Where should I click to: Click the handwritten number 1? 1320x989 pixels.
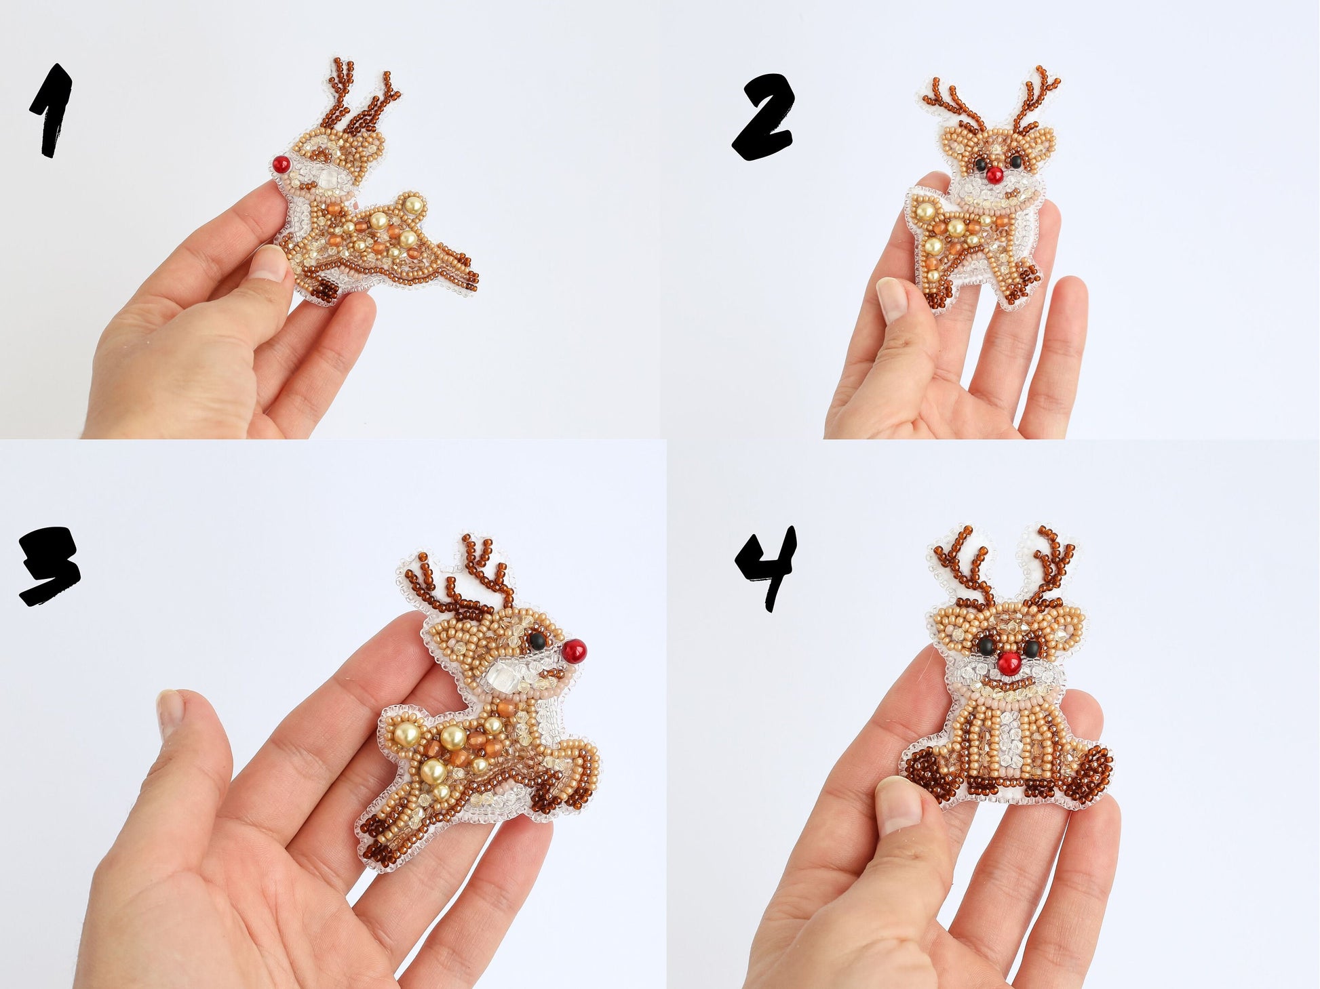(x=51, y=110)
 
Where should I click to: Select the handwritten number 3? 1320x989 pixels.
(x=49, y=565)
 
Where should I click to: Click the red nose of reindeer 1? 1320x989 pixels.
(x=282, y=164)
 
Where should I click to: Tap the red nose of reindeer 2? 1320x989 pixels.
(x=994, y=175)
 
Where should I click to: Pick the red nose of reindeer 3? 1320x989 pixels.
(x=574, y=651)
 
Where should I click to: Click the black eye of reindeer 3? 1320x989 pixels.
(x=537, y=641)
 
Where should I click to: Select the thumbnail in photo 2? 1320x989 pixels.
(x=891, y=299)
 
